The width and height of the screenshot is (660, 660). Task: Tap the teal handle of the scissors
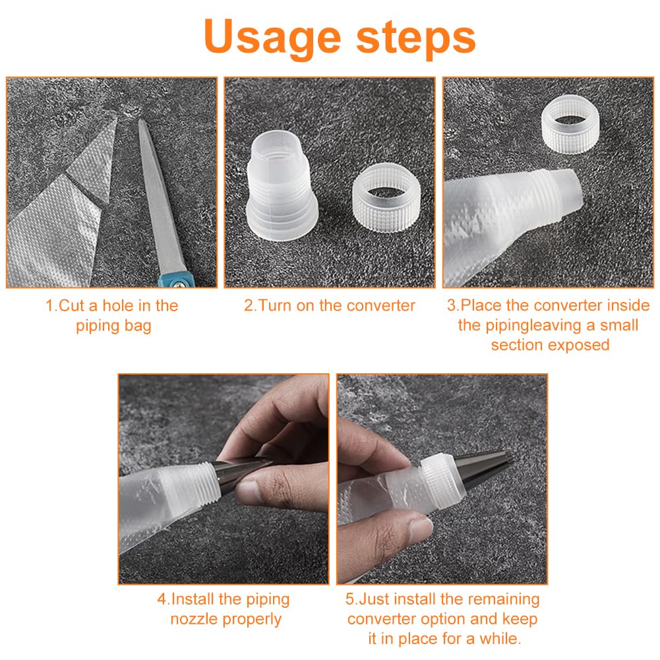coord(177,280)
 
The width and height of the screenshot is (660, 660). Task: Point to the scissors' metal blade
coord(160,194)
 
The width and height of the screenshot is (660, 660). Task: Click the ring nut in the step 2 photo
coord(386,197)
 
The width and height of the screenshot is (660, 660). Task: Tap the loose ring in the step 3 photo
coord(570,124)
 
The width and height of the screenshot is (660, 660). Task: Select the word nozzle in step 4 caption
coord(194,619)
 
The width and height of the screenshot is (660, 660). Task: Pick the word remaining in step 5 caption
coord(504,599)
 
